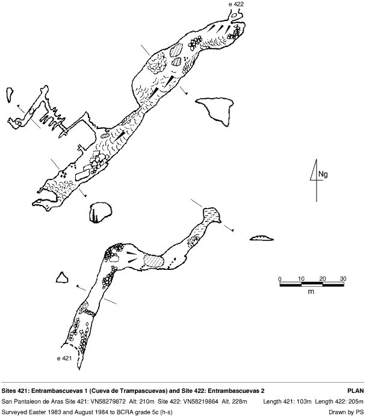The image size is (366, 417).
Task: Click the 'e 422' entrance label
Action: point(236,4)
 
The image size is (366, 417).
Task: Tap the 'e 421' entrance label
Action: point(64,359)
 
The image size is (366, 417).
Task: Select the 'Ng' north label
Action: point(323,175)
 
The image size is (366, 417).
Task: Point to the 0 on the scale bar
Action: point(280,279)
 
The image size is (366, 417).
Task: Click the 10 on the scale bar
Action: point(301,279)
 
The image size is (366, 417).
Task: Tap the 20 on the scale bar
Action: point(323,279)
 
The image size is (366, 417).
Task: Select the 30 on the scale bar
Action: point(343,279)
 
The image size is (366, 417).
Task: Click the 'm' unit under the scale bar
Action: point(311,292)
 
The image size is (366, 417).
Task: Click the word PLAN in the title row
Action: point(356,391)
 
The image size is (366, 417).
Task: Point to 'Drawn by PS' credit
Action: point(346,412)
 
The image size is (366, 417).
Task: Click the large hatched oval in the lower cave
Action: point(154,261)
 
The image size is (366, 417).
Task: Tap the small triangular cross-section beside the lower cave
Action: point(62,277)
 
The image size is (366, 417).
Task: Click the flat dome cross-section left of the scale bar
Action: point(262,238)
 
